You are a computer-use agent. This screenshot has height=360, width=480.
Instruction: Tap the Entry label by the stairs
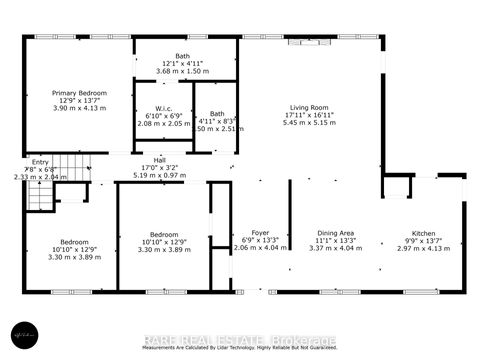tap(40, 162)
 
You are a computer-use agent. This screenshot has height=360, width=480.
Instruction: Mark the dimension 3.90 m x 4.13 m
tap(78, 108)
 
